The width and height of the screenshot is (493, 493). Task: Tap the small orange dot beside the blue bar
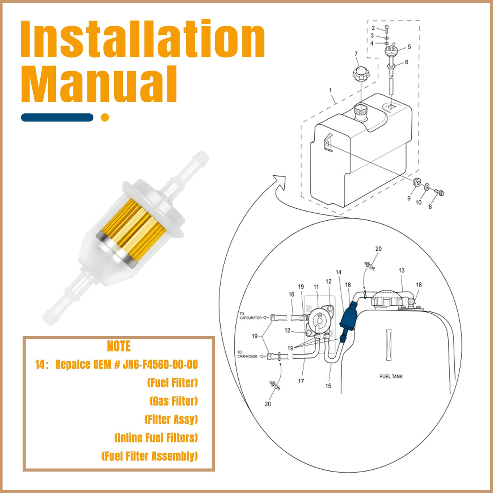tap(105, 117)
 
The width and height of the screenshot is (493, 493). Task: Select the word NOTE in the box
tap(119, 346)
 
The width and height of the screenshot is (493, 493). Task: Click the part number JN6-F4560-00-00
tap(160, 364)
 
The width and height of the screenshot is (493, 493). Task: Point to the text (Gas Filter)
tap(174, 401)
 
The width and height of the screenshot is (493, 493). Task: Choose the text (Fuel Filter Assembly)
tap(150, 456)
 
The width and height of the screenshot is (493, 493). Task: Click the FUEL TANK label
tap(391, 376)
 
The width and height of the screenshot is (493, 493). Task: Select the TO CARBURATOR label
tap(250, 316)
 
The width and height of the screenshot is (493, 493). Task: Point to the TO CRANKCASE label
tap(247, 354)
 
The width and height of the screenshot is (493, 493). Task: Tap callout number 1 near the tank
tap(330, 90)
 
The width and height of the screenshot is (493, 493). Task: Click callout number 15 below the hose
tap(328, 386)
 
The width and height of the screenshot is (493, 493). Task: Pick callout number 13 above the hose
tap(401, 270)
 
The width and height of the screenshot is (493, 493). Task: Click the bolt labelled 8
tap(440, 192)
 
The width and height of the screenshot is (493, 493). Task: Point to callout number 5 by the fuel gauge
tap(409, 46)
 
